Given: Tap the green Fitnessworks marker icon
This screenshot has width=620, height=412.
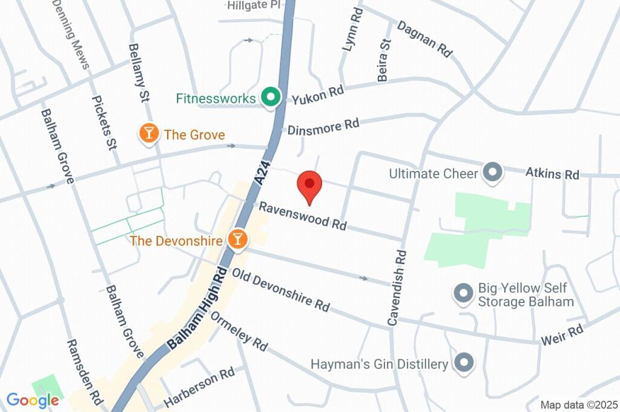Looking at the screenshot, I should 269,97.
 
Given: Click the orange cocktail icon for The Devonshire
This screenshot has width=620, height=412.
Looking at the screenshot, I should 238,239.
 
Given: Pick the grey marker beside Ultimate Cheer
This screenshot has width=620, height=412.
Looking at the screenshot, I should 493,173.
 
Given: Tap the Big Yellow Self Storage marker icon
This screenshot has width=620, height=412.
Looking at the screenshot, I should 463,294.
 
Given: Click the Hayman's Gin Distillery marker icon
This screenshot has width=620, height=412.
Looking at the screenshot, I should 464,363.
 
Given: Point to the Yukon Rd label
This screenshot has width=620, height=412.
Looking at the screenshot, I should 318,95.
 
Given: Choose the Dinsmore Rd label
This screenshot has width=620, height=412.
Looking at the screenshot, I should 323,127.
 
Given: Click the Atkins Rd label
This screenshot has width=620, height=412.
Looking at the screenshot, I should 552,174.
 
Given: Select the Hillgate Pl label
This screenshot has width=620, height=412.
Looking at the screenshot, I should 254,5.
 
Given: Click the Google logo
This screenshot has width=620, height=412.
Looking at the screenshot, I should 32,400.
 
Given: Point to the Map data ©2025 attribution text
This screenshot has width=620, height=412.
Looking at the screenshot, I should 579,405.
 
